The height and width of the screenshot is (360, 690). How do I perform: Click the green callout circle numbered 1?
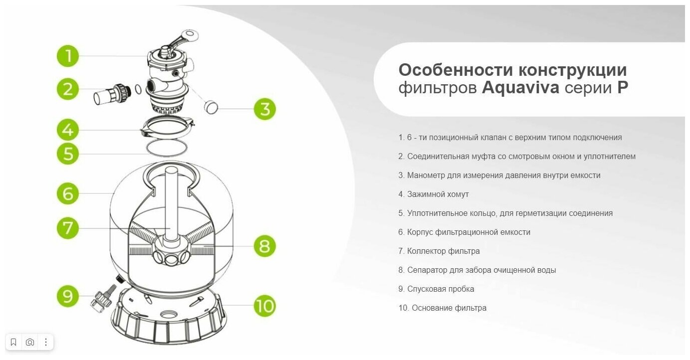coord(67,56)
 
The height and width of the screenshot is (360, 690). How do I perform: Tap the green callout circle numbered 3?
coord(265,109)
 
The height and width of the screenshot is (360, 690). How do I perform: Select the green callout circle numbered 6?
coord(68,193)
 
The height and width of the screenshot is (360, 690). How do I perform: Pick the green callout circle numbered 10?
coord(264,305)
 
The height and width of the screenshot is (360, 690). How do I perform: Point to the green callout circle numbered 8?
coord(264,246)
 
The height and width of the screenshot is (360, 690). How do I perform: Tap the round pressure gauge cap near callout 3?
coord(212,106)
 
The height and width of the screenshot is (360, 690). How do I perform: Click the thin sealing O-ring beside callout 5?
coord(166,148)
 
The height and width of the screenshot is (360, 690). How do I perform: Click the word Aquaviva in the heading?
coord(520,88)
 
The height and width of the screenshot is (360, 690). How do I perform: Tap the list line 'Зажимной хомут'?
coord(434,194)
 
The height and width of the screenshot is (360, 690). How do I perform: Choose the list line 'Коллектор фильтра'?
coord(439,251)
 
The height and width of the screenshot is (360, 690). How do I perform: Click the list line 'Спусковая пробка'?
coord(436,289)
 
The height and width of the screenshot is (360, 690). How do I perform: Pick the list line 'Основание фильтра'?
coord(442,308)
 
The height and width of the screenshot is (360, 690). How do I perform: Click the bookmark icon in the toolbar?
coord(13,342)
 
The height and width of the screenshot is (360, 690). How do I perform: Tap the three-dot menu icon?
coord(46,342)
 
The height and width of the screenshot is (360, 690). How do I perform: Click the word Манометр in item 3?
coord(425,175)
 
